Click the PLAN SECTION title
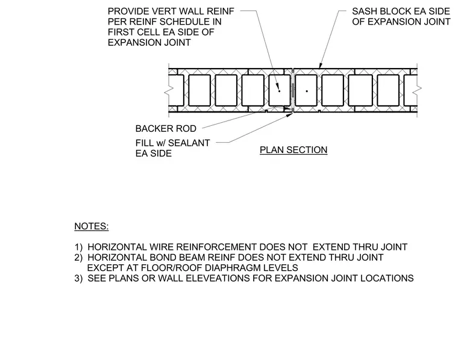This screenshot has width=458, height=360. (x=293, y=150)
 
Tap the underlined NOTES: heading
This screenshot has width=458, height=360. (x=92, y=226)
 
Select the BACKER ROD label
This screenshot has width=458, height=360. (x=166, y=129)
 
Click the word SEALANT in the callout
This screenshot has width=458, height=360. (x=189, y=143)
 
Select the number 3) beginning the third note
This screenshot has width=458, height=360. (x=78, y=278)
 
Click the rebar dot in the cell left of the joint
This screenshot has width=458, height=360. (x=279, y=91)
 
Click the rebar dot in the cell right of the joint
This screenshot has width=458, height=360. (x=307, y=91)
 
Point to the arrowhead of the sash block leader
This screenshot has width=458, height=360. (x=320, y=66)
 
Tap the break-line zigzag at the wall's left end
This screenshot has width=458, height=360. (x=169, y=90)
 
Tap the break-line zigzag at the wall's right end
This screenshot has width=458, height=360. (x=417, y=90)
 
